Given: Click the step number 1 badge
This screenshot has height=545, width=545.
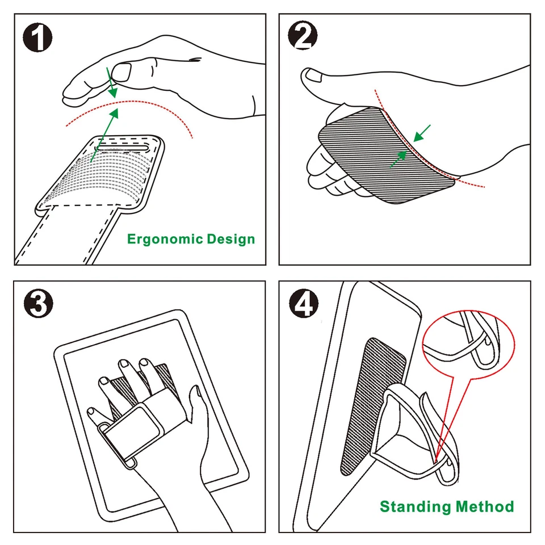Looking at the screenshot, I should tap(38, 38).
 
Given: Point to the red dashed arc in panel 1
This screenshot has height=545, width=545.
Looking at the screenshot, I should tap(131, 106).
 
